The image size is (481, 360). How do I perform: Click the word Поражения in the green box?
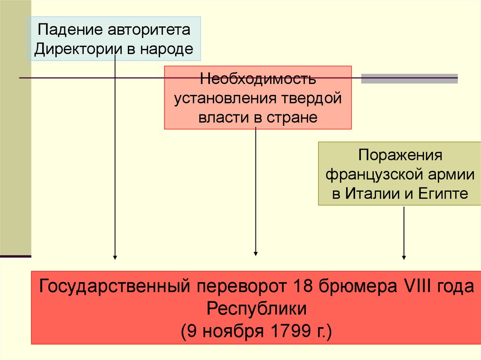[401, 155]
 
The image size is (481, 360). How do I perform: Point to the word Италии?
[372, 193]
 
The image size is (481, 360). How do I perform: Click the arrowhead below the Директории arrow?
[115, 257]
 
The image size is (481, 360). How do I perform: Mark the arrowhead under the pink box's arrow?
[256, 253]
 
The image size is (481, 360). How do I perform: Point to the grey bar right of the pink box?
[409, 78]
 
